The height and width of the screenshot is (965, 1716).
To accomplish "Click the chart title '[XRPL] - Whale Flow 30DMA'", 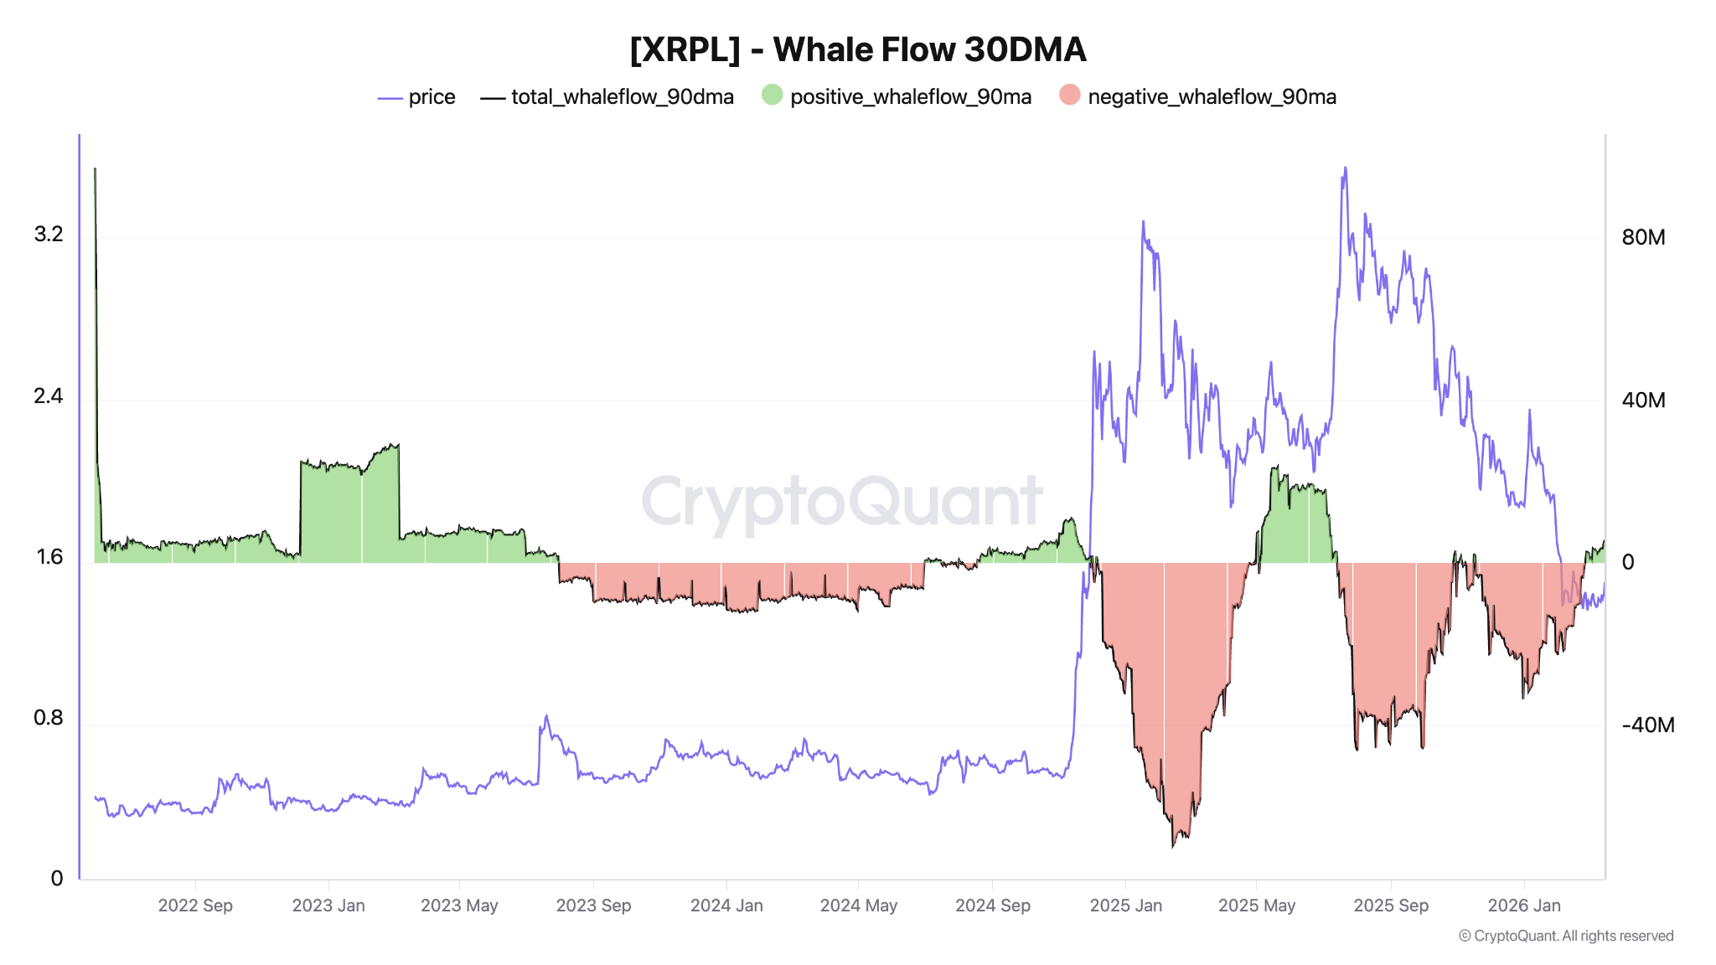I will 857,49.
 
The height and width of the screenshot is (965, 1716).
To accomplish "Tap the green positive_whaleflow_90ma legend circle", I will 772,95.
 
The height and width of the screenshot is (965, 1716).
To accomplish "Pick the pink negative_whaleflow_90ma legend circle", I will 1069,95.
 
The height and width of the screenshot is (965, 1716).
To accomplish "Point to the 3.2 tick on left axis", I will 49,234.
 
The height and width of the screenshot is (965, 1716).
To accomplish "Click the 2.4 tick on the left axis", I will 49,395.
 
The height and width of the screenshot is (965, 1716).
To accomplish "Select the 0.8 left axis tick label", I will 49,718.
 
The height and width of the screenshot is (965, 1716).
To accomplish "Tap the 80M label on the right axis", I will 1643,237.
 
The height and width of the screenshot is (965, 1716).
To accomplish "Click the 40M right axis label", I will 1643,400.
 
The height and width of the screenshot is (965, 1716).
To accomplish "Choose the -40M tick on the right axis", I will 1647,725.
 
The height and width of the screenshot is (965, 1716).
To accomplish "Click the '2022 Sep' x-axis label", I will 195,906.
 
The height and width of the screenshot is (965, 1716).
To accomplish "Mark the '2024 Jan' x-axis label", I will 726,906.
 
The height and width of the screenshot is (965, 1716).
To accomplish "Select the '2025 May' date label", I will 1257,906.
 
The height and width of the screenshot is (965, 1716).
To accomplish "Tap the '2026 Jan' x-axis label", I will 1524,906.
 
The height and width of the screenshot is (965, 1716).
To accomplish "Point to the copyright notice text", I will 1566,936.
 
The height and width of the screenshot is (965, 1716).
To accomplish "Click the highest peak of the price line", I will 1346,168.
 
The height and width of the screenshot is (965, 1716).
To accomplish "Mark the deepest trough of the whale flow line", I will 1173,846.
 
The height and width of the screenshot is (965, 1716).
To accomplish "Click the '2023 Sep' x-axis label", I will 593,906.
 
